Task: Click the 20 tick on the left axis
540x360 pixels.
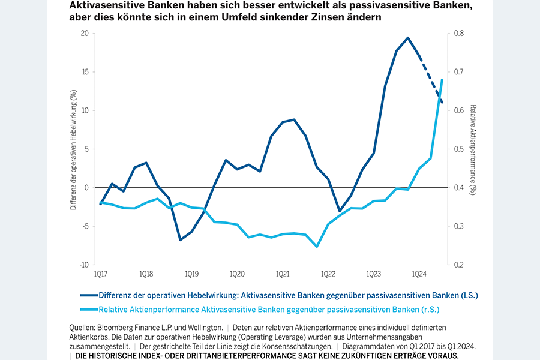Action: [x=84, y=34]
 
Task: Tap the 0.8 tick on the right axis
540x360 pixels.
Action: [x=458, y=34]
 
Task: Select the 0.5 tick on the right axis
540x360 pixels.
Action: [x=458, y=149]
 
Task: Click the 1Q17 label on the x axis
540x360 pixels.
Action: [x=101, y=274]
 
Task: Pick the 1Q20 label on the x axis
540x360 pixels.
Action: [x=237, y=274]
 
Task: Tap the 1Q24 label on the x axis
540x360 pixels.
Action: [x=419, y=274]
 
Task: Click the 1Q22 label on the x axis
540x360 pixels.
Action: [x=328, y=274]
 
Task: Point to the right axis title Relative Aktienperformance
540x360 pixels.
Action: [x=473, y=149]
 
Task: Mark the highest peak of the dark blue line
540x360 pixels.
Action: [x=408, y=38]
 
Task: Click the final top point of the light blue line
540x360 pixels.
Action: [x=442, y=80]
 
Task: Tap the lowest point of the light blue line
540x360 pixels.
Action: [x=317, y=247]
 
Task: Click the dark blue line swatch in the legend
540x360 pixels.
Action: [x=88, y=295]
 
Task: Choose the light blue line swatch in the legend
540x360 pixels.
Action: [x=88, y=310]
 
